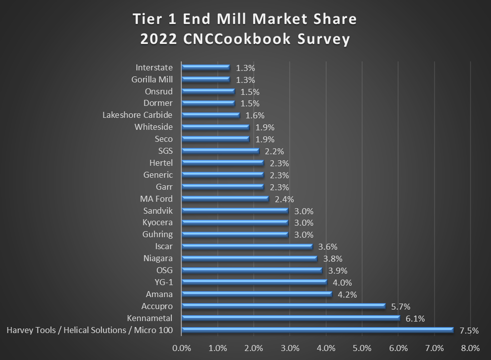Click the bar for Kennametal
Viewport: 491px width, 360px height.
(x=291, y=318)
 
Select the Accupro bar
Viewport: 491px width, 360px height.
(x=283, y=306)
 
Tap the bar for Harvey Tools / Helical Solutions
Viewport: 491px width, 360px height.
(x=317, y=330)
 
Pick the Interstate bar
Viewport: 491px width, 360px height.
(x=206, y=67)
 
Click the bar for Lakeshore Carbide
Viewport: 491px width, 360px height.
(x=211, y=115)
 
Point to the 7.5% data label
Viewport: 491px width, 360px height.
(x=469, y=331)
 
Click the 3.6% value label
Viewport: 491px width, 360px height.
(x=328, y=247)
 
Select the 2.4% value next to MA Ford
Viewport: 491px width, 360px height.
(x=284, y=199)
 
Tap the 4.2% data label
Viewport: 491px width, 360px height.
(x=347, y=295)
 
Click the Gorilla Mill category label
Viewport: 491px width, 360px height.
(x=152, y=79)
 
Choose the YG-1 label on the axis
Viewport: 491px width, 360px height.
(x=163, y=282)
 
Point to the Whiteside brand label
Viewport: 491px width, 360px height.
(x=153, y=127)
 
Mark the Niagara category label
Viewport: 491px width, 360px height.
(x=157, y=258)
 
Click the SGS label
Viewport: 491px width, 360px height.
(x=164, y=151)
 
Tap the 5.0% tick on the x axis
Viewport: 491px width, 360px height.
(x=362, y=348)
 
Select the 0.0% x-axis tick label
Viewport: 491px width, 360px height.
(x=182, y=348)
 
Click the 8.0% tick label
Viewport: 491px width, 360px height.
(x=470, y=348)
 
